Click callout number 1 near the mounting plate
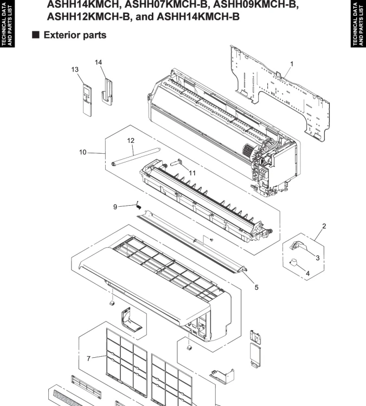pos(291,64)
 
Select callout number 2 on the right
pos(324,225)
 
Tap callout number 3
pos(317,258)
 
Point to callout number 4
pos(307,273)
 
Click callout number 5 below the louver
pos(256,287)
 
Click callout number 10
pos(82,152)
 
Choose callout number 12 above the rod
pos(130,140)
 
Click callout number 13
pos(75,69)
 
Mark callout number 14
pos(99,62)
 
